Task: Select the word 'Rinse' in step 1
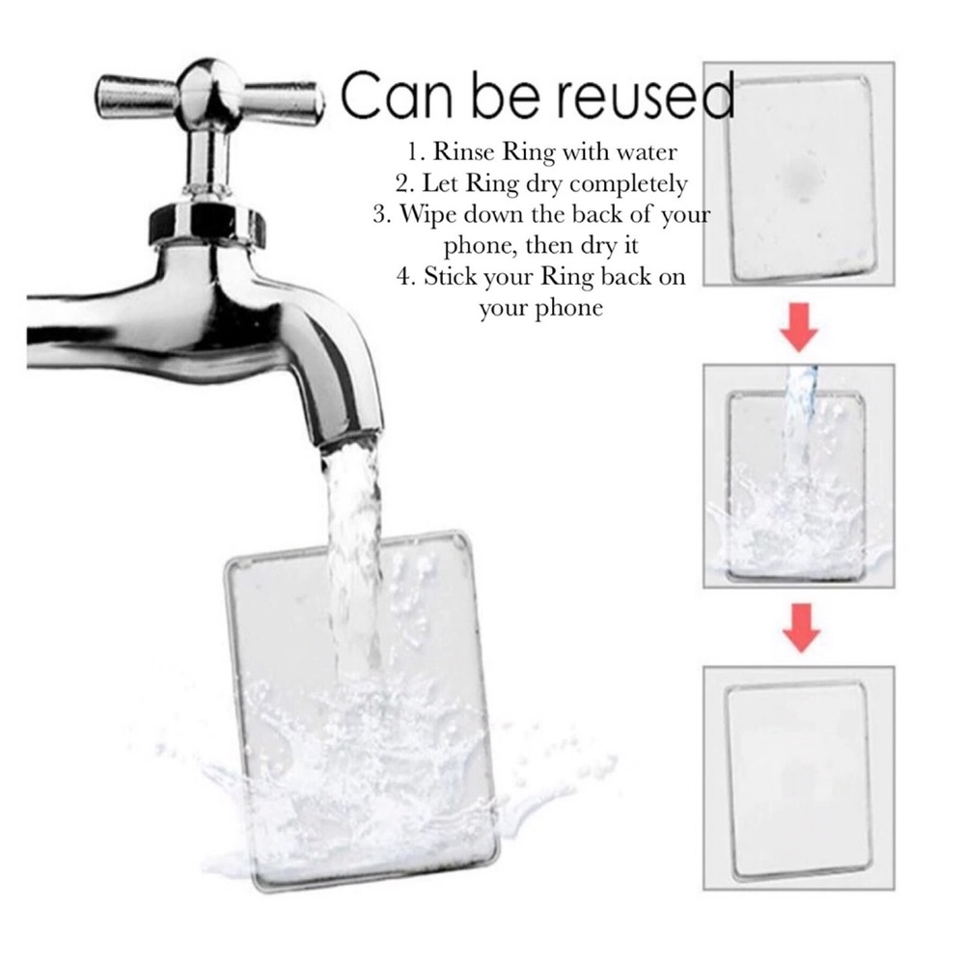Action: tap(464, 152)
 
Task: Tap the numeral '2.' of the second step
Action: tap(405, 183)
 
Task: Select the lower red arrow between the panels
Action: tap(800, 628)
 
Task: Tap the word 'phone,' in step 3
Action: tap(482, 245)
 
